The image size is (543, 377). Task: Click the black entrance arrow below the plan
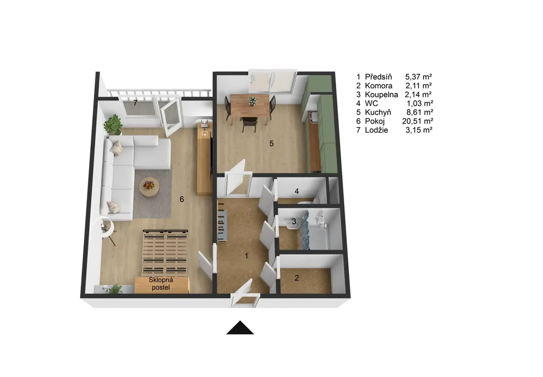[x=240, y=328]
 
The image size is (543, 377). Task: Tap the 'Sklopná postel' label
[x=161, y=284]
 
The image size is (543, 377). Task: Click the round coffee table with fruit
[x=149, y=188]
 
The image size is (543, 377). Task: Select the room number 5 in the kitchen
[x=271, y=143]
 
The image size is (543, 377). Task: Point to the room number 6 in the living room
[x=181, y=199]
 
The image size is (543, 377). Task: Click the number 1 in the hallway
[x=247, y=256]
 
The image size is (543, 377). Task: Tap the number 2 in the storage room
[x=297, y=278]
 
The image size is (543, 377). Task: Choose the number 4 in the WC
[x=296, y=191]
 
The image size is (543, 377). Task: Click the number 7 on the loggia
[x=135, y=103]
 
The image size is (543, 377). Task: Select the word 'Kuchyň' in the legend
[x=378, y=112]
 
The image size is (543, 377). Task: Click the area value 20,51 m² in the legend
[x=418, y=121]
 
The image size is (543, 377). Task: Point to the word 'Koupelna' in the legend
[x=381, y=94]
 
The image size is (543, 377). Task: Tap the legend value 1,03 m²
[x=420, y=103]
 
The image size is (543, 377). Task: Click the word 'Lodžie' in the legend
[x=376, y=130]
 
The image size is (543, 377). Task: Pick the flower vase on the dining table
[x=252, y=101]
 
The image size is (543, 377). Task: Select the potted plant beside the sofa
[x=113, y=125]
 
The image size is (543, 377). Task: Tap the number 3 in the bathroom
[x=294, y=221]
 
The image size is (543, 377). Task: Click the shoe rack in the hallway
[x=222, y=222]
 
